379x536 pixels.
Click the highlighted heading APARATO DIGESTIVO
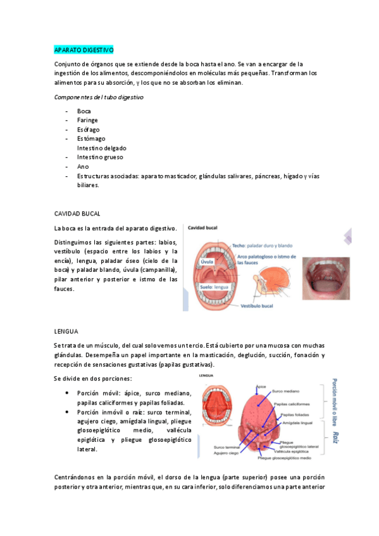(x=84, y=49)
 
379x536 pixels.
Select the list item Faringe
(x=88, y=120)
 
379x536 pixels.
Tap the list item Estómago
(x=91, y=138)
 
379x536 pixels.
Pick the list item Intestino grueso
(x=100, y=157)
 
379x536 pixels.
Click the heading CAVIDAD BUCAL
(x=77, y=214)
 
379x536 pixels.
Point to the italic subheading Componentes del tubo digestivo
(x=98, y=97)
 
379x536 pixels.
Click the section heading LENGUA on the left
(x=66, y=331)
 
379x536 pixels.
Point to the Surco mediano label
(x=287, y=391)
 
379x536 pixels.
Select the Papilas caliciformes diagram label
(x=294, y=403)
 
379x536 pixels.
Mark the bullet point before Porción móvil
(x=68, y=393)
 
